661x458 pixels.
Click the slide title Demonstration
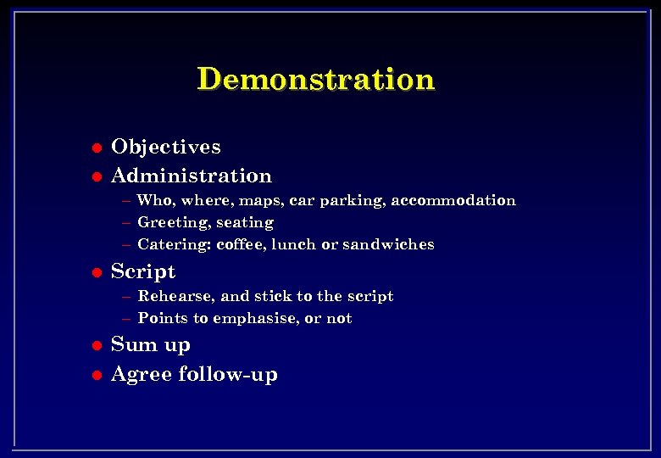tap(315, 79)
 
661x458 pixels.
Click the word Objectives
tap(166, 147)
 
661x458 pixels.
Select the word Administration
tap(192, 176)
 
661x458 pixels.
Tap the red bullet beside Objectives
tap(97, 148)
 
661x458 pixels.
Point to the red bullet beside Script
tap(97, 272)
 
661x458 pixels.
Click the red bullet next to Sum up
tap(97, 345)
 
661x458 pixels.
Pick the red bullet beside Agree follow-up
tap(97, 374)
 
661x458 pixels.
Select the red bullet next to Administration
tap(97, 176)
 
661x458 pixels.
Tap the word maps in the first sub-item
tap(260, 201)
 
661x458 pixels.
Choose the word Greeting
tap(173, 222)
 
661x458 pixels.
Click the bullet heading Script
tap(143, 271)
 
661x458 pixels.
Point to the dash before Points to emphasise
tap(126, 319)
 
